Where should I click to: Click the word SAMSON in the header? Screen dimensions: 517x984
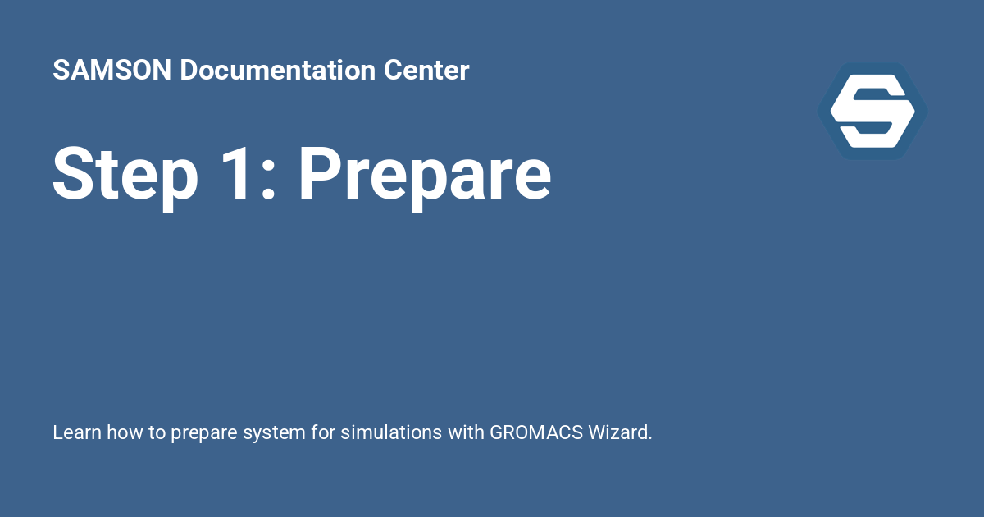point(112,71)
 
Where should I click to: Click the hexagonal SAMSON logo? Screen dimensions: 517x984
point(872,111)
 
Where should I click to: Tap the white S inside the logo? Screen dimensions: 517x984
point(872,111)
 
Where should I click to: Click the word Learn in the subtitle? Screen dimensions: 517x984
point(73,432)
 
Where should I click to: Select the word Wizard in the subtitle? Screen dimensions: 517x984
point(620,432)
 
